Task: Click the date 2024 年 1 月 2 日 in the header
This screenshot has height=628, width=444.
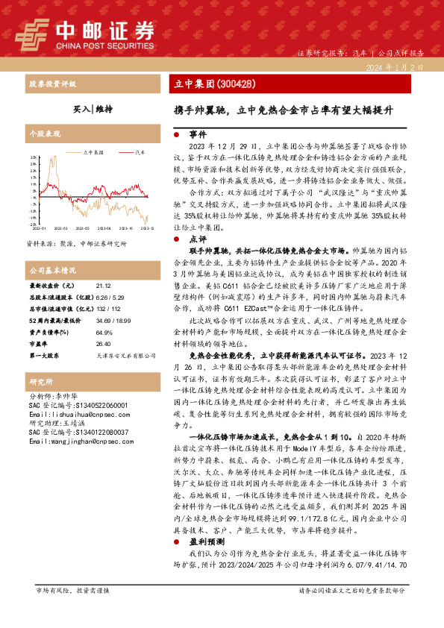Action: click(x=397, y=67)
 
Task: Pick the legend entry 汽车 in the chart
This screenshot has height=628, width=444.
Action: click(x=140, y=151)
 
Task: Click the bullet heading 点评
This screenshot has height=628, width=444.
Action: click(x=198, y=239)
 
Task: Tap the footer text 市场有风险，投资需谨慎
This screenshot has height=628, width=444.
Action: click(x=72, y=611)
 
